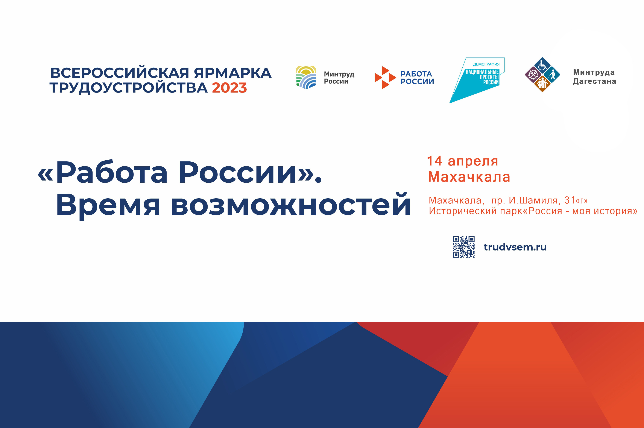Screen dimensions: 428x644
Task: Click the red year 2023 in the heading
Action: click(x=229, y=88)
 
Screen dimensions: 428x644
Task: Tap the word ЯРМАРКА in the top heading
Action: click(x=232, y=73)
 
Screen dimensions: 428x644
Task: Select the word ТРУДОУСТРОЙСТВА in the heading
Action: click(x=128, y=88)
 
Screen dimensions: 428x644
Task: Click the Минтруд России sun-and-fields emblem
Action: click(x=306, y=77)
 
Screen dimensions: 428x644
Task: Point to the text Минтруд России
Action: click(x=339, y=77)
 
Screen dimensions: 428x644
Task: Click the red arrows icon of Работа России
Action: click(x=385, y=77)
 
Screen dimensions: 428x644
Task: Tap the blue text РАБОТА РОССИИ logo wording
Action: click(x=417, y=77)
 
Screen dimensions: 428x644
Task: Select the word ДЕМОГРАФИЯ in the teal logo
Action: click(x=486, y=64)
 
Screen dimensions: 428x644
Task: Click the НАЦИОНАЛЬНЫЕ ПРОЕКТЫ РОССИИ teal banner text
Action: click(x=482, y=77)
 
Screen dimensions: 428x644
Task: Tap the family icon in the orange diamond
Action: click(x=542, y=83)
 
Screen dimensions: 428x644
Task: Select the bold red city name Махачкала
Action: click(x=469, y=177)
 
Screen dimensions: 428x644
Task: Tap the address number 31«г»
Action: click(x=576, y=200)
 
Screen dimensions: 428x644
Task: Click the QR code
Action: click(x=463, y=247)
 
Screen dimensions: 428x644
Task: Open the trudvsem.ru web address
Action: click(x=515, y=247)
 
